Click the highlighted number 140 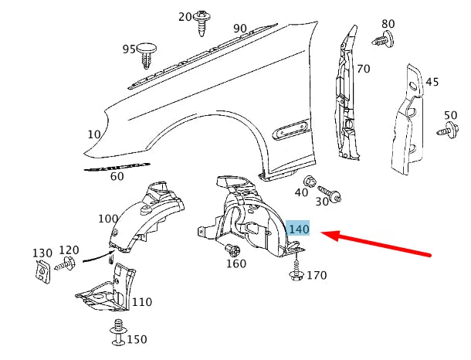coord(299,229)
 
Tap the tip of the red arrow coord(322,233)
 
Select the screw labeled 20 coord(202,23)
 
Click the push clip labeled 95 coord(147,56)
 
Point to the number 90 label coord(240,29)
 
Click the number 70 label coord(364,69)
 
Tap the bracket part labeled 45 coord(407,121)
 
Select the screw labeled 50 coord(448,131)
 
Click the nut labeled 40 coord(310,182)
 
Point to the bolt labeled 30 coord(330,194)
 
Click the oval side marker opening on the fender coord(290,130)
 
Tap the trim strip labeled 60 coord(117,167)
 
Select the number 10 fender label coord(94,134)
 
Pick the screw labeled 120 coord(65,263)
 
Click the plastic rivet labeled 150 coord(118,332)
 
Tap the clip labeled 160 coord(232,249)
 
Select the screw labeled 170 coord(296,267)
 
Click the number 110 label coord(142,302)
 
